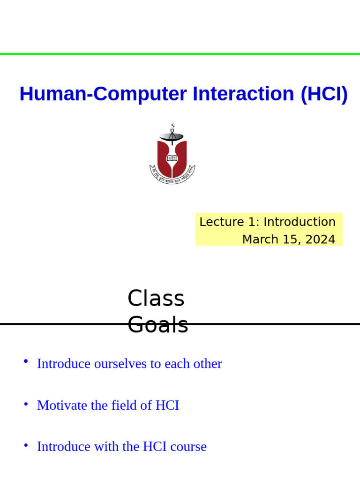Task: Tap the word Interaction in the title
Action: (243, 94)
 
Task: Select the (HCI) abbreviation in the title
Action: (324, 94)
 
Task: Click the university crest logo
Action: (172, 155)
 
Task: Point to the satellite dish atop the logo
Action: (172, 136)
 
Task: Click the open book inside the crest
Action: (172, 158)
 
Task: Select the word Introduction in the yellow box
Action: (300, 222)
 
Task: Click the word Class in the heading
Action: (156, 299)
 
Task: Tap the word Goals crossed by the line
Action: (158, 325)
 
